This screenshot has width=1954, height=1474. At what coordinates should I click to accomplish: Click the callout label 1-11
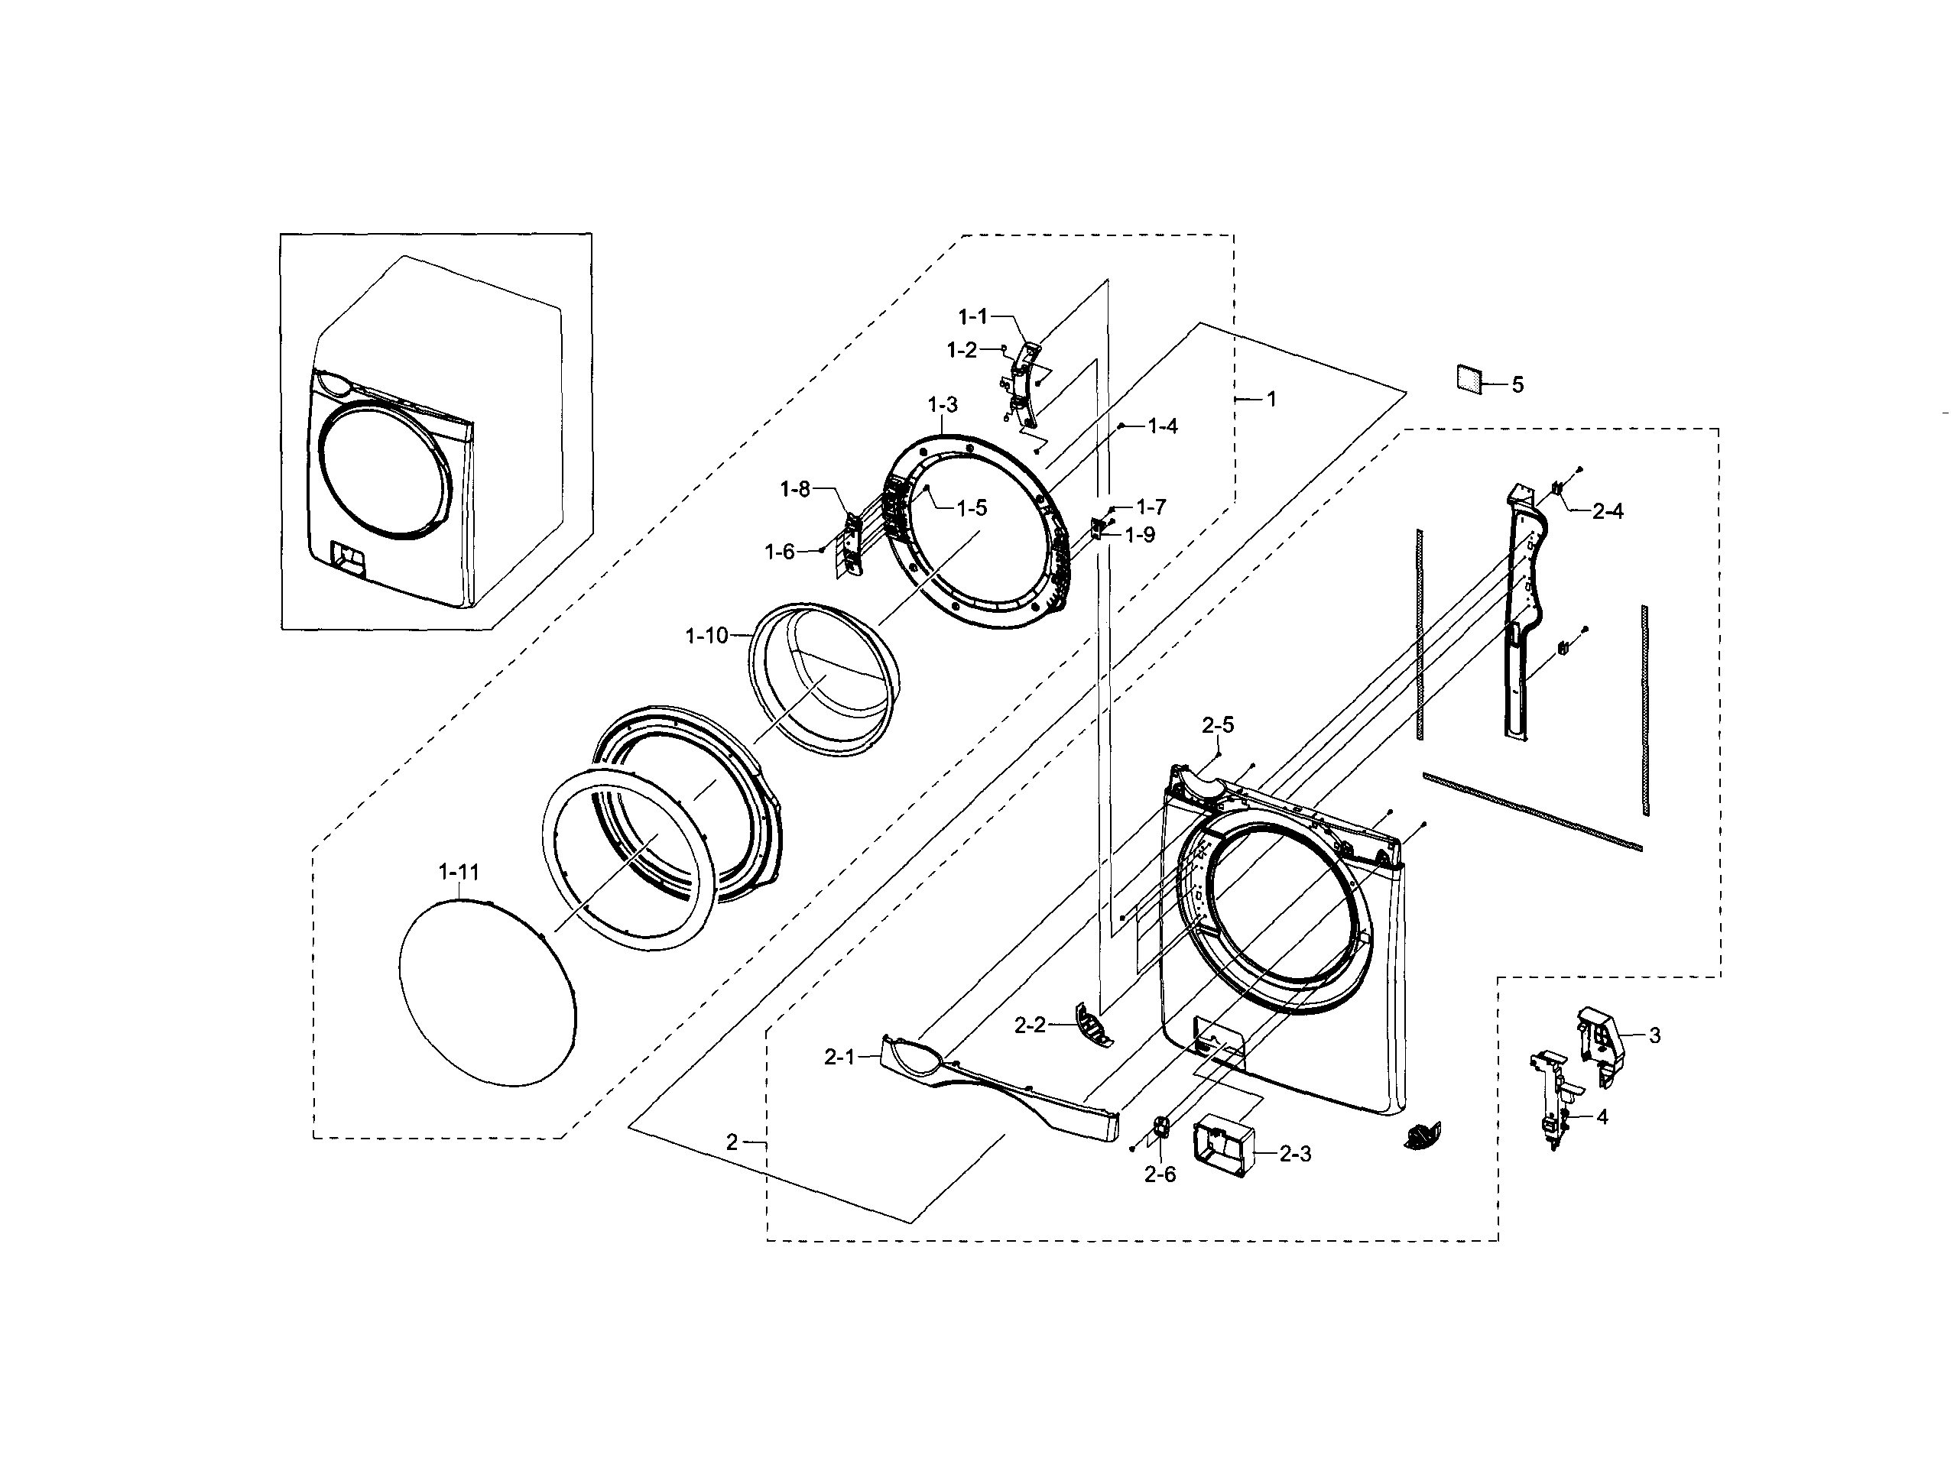(459, 873)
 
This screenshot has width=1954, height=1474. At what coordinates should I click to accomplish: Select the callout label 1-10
(706, 636)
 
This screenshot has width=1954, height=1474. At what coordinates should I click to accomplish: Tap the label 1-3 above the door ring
(943, 406)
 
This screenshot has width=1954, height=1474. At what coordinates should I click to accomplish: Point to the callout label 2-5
(1217, 725)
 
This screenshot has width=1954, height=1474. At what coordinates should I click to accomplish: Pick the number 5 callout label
(1517, 385)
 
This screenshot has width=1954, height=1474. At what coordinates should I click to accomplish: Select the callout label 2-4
(1608, 511)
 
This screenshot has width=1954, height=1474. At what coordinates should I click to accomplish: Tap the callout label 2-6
(1160, 1174)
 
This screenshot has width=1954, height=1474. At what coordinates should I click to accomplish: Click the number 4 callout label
(1602, 1117)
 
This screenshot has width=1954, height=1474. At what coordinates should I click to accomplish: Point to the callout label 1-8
(795, 489)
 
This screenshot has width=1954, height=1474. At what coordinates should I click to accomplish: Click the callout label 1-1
(973, 316)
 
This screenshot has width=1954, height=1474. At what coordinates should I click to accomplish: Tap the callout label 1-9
(1140, 535)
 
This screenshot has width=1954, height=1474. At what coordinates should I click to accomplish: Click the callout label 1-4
(1163, 426)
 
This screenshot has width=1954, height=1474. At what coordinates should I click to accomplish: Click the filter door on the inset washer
(349, 559)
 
